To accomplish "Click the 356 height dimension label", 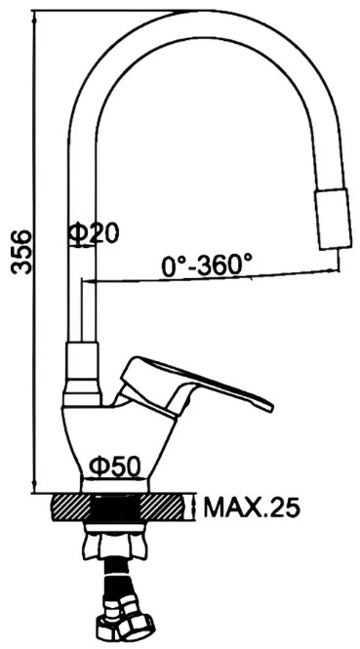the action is [x=21, y=252].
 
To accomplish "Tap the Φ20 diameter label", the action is [x=93, y=233].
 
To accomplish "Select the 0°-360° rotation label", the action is [x=207, y=265].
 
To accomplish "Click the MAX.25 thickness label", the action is [x=251, y=507].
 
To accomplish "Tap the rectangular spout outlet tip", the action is [x=334, y=219].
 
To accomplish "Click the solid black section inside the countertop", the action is [x=115, y=508].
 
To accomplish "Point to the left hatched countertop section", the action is [x=70, y=507].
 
